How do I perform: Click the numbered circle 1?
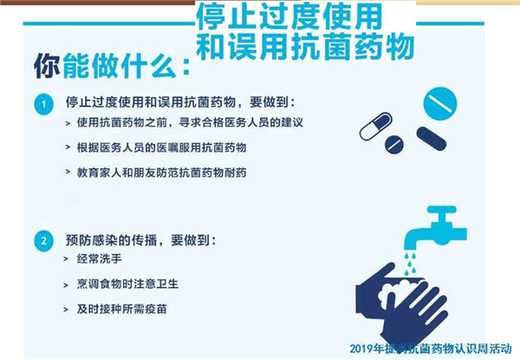click(x=44, y=104)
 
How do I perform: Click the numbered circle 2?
click(x=44, y=240)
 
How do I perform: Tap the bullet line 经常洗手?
click(x=99, y=259)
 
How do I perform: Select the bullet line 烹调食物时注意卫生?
click(x=127, y=284)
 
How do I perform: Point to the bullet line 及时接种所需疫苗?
click(x=121, y=309)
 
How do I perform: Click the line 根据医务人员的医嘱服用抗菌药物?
click(x=161, y=147)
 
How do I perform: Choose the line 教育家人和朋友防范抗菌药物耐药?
click(x=161, y=173)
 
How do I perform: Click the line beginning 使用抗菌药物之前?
click(x=190, y=122)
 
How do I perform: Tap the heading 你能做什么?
click(x=112, y=65)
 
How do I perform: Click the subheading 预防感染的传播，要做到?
click(x=140, y=240)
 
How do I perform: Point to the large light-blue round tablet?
click(x=440, y=103)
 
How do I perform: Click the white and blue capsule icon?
click(x=376, y=126)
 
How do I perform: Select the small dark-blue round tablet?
click(x=394, y=144)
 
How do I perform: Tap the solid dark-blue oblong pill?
click(x=431, y=139)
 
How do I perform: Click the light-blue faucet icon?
click(x=435, y=227)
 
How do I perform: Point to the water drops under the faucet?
click(x=410, y=264)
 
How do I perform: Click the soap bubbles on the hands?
click(x=397, y=293)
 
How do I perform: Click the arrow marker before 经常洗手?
click(x=66, y=259)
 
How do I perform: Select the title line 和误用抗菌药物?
click(x=305, y=47)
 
